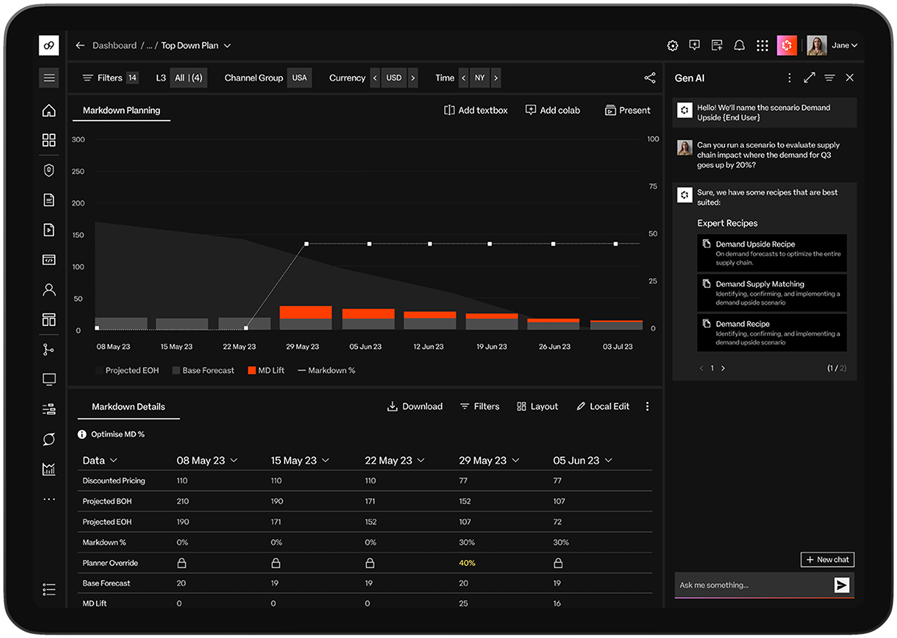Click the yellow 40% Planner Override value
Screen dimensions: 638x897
(467, 563)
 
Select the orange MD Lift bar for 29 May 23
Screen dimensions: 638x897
(305, 312)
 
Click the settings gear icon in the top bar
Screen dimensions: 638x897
(672, 45)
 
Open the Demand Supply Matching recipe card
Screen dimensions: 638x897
(771, 293)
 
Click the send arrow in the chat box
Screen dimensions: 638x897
(841, 585)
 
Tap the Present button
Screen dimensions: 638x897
(628, 111)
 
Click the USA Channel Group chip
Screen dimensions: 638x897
(299, 78)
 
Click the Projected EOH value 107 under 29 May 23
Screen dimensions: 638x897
(465, 522)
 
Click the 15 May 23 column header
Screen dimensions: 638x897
(294, 460)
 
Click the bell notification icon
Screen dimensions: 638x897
(739, 45)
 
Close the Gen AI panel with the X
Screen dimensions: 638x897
(849, 78)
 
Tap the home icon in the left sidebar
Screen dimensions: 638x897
(49, 111)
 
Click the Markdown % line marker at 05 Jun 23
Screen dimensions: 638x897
(369, 244)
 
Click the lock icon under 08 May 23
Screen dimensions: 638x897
(181, 563)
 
